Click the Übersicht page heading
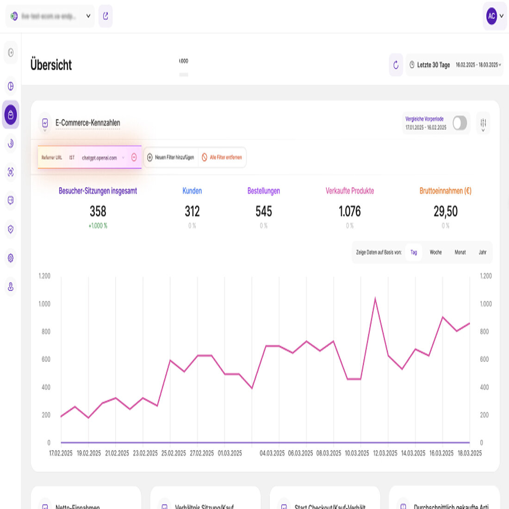[51, 65]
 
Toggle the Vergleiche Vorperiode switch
[459, 123]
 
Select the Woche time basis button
[435, 252]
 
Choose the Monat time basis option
[460, 252]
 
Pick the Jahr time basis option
[483, 252]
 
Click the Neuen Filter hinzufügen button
[171, 157]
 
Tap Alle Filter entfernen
[222, 157]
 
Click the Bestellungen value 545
[264, 211]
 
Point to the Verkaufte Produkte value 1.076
[350, 211]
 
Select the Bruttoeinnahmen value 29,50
[446, 211]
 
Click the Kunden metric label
[192, 191]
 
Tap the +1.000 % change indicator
[98, 226]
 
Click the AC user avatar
[491, 16]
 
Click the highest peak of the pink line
[375, 298]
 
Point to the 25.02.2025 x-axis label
[174, 453]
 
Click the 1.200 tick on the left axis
[44, 276]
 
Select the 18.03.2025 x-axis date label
[470, 453]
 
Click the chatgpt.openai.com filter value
[99, 158]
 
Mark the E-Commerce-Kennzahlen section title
[88, 123]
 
